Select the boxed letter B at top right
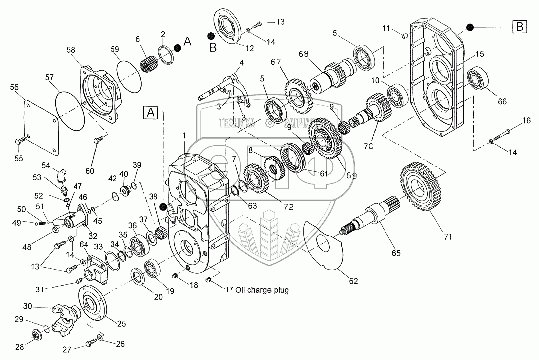(519, 27)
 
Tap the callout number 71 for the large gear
(448, 237)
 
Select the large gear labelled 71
(421, 188)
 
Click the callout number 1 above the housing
(184, 135)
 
